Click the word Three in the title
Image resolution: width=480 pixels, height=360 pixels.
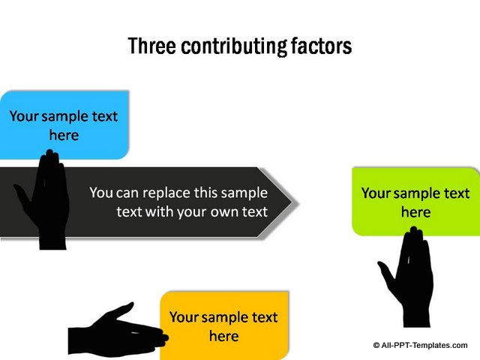pyautogui.click(x=151, y=46)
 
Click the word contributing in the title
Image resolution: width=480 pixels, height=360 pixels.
pyautogui.click(x=234, y=46)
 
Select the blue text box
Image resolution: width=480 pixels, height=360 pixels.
pyautogui.click(x=64, y=125)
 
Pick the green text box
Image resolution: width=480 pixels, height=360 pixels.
pyautogui.click(x=416, y=202)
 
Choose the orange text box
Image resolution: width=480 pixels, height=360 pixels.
pyautogui.click(x=224, y=325)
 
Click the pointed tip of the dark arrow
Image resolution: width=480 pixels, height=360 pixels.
pyautogui.click(x=298, y=202)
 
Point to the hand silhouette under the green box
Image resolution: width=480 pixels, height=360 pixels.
pyautogui.click(x=406, y=277)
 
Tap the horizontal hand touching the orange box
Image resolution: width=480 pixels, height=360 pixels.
pyautogui.click(x=118, y=330)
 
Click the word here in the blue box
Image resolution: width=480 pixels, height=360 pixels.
pyautogui.click(x=64, y=135)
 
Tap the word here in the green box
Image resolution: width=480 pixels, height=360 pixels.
pyautogui.click(x=416, y=211)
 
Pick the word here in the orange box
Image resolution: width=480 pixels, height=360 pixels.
pyautogui.click(x=224, y=336)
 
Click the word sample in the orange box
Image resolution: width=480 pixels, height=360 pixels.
pyautogui.click(x=226, y=318)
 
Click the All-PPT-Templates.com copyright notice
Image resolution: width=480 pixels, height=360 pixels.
pyautogui.click(x=420, y=345)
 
